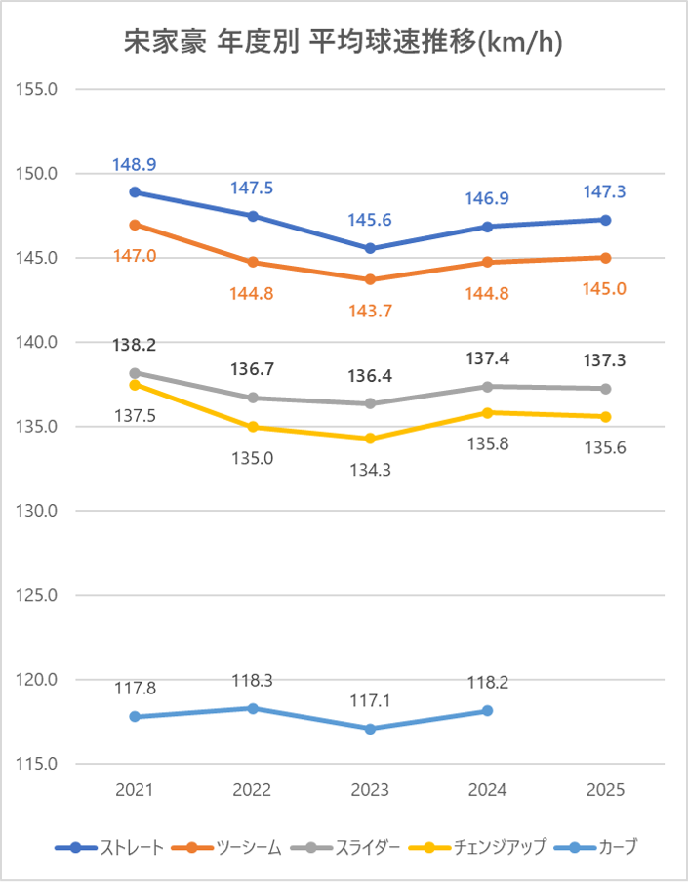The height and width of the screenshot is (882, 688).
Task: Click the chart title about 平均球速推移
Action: click(x=344, y=42)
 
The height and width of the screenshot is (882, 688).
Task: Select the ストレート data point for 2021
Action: click(x=135, y=192)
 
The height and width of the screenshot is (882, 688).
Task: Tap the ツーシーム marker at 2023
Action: click(x=370, y=279)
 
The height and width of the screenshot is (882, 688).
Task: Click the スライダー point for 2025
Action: click(x=605, y=389)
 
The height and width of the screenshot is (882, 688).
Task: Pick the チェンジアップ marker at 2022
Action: click(x=253, y=427)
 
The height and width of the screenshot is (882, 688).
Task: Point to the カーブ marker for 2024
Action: click(x=487, y=711)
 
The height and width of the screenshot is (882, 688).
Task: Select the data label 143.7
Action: click(x=370, y=310)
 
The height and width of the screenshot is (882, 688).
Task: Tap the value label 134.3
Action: click(x=370, y=470)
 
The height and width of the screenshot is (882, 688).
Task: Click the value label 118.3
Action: click(x=253, y=680)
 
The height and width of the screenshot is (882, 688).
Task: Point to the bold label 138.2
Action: click(x=135, y=345)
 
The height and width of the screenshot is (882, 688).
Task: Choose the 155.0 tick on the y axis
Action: click(x=38, y=89)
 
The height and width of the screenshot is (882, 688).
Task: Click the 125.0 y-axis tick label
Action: click(x=38, y=595)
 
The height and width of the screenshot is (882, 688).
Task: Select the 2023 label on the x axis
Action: click(x=370, y=790)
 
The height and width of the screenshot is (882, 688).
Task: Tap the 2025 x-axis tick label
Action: click(x=605, y=790)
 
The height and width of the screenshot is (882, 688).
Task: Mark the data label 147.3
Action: click(x=605, y=192)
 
